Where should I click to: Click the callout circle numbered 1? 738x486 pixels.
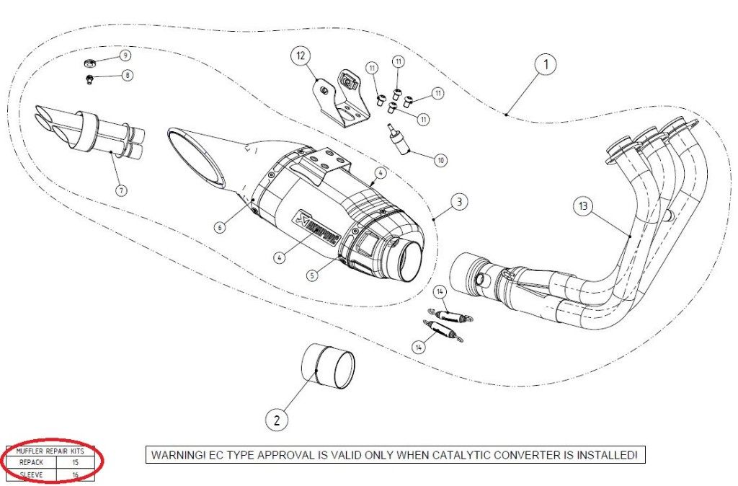coord(546,65)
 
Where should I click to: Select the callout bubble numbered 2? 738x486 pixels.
coord(278,418)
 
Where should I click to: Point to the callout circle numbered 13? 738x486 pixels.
coord(583,206)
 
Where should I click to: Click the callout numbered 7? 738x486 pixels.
coord(120,190)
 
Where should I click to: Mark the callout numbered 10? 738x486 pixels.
coord(440,159)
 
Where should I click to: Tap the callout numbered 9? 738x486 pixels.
coord(125,56)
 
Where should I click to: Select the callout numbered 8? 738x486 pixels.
coord(128,74)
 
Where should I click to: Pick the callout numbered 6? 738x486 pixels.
coord(221,226)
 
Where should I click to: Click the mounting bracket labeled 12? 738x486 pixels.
coord(337,101)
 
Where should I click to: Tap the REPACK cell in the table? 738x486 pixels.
coord(31,461)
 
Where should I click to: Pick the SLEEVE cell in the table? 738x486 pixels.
coord(31,474)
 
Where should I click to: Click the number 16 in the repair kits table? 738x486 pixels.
coord(75,474)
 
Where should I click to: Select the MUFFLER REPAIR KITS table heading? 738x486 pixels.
coord(50,451)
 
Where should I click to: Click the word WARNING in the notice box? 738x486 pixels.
coord(177,455)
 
